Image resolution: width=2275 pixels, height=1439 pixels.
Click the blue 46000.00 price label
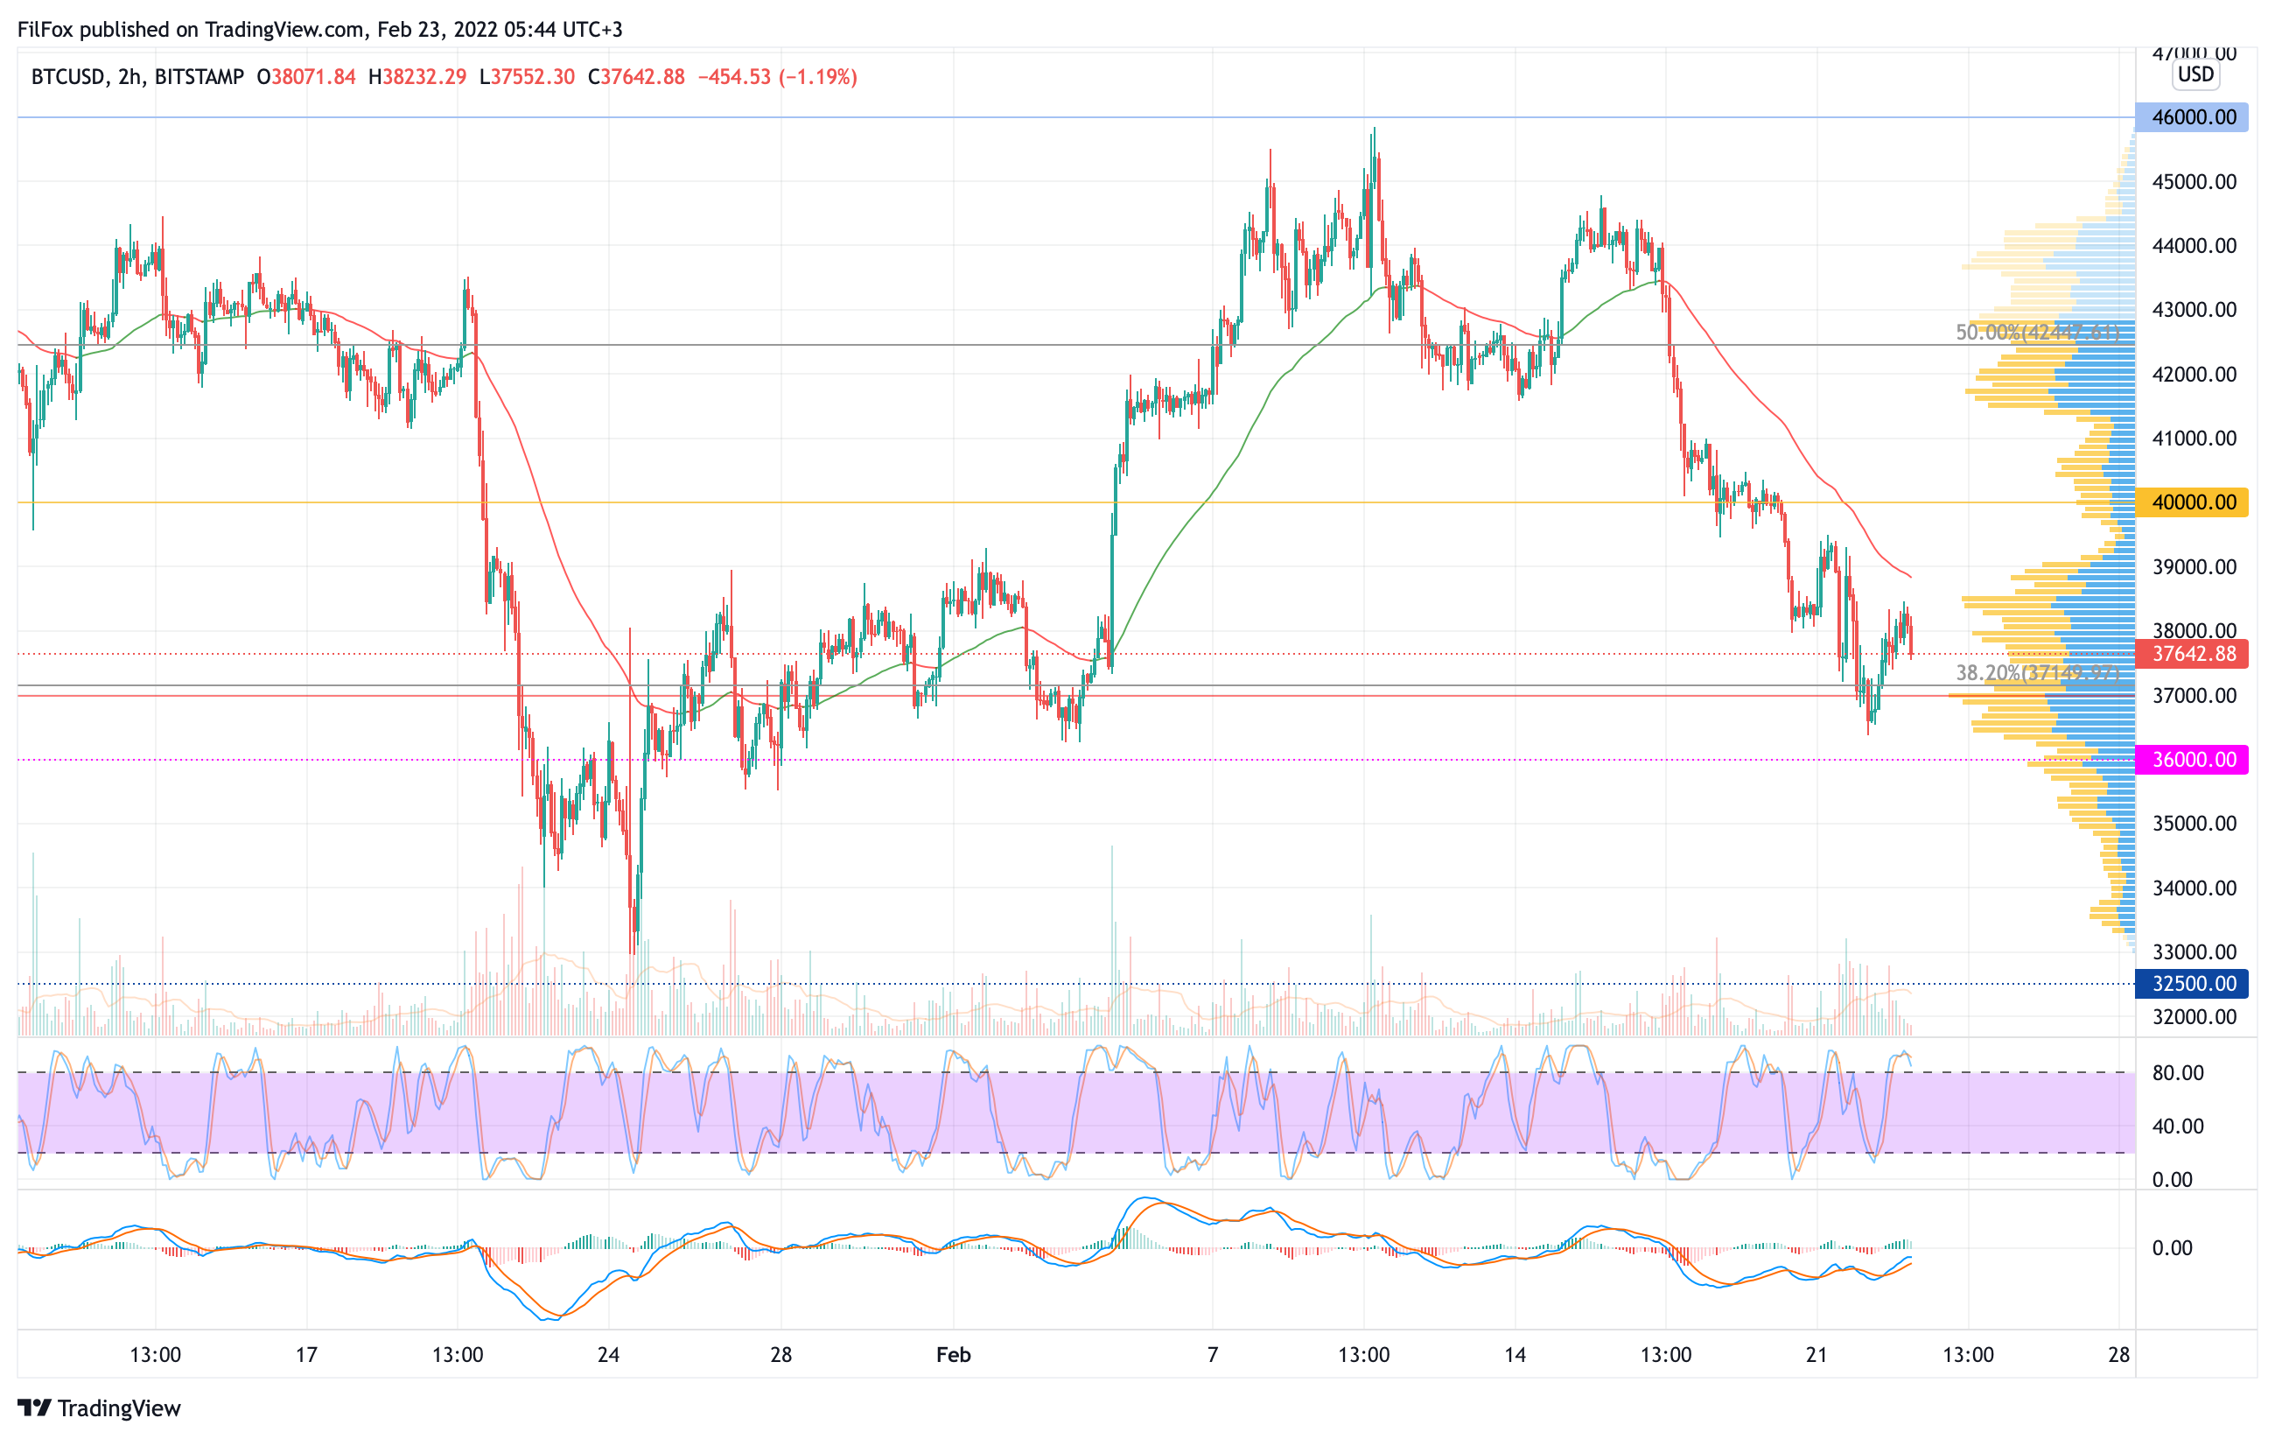point(2192,117)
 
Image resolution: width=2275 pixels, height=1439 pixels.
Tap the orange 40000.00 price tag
point(2192,502)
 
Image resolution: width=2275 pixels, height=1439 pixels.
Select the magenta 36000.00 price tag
point(2192,760)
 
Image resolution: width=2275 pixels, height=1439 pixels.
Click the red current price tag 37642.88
point(2192,654)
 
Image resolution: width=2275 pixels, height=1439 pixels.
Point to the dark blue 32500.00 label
point(2192,984)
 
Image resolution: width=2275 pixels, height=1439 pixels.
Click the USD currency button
point(2195,74)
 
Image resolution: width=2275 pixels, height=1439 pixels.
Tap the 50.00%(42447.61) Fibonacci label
point(2037,333)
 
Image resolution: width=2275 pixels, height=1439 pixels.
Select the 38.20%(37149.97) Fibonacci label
point(2037,673)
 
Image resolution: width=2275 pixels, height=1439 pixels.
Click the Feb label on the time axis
point(953,1355)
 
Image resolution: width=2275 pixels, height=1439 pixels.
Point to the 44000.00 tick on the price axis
point(2194,246)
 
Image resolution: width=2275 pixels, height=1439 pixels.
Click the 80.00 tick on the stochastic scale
point(2178,1072)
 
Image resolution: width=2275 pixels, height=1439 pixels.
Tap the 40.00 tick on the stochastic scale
point(2178,1127)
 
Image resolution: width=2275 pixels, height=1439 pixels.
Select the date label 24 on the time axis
point(608,1355)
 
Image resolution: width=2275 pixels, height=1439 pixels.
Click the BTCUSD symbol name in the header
point(67,76)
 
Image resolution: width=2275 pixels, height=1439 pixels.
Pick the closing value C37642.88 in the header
point(636,76)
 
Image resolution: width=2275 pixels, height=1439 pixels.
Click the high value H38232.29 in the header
point(417,76)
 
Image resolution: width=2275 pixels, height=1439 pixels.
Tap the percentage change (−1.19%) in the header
point(818,76)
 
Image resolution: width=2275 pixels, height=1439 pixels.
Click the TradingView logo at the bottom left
point(99,1407)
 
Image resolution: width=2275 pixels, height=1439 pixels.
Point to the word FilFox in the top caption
point(45,29)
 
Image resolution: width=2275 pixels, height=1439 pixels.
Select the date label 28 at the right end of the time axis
point(2119,1355)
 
